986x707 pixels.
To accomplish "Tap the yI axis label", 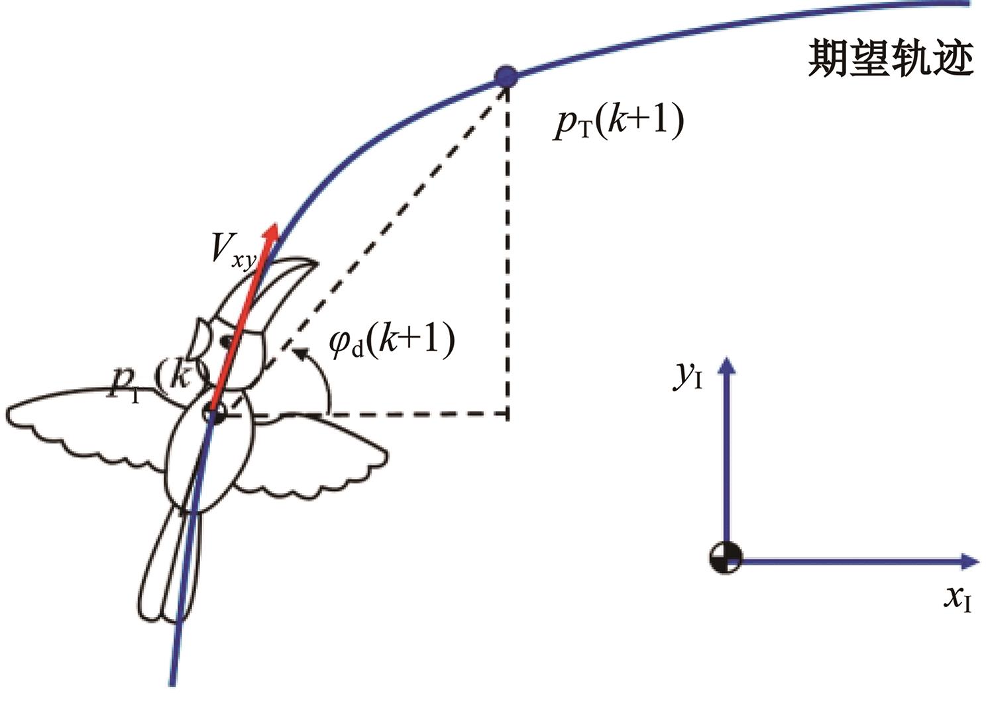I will [688, 376].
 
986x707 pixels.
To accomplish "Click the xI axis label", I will [958, 600].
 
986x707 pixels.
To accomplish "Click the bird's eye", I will [227, 342].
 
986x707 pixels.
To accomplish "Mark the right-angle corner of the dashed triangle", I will [508, 416].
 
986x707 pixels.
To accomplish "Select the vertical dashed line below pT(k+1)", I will [508, 252].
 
